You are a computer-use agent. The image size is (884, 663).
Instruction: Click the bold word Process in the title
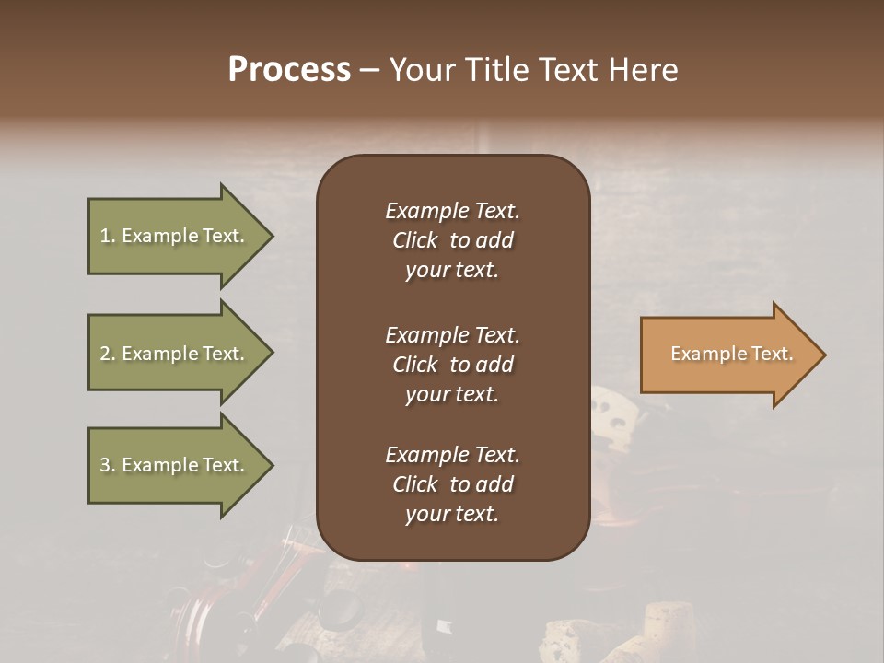289,70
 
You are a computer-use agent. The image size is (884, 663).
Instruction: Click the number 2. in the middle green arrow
107,354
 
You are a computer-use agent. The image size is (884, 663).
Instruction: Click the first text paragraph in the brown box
452,240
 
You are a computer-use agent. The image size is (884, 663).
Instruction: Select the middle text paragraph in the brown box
452,365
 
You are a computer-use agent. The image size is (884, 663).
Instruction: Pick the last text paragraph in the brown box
452,484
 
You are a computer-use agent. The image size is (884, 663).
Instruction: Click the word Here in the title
647,70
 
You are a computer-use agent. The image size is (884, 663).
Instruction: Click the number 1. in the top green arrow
107,236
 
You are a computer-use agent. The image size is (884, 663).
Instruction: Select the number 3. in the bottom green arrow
107,465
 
